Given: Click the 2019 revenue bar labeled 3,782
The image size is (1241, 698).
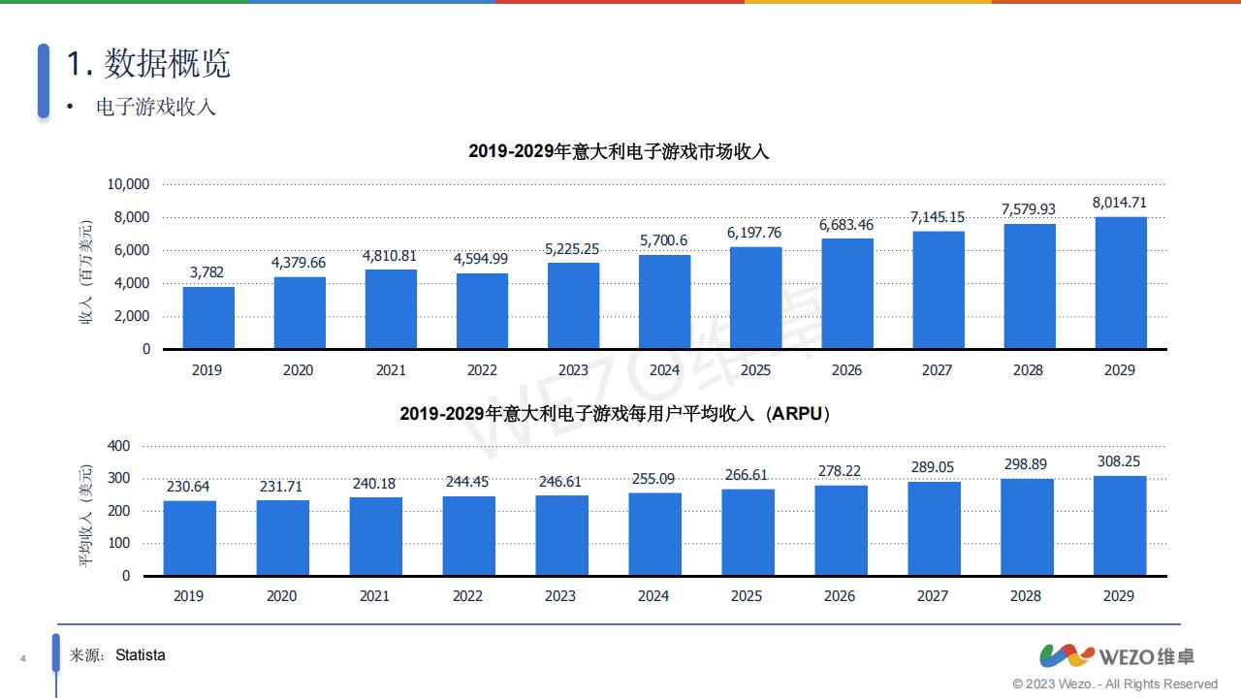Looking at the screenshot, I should click(x=208, y=318).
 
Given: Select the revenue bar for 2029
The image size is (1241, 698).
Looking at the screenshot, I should click(x=1121, y=283).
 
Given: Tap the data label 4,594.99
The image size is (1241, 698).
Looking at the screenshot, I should click(x=482, y=258).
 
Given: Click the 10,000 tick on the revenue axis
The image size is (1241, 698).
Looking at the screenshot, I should click(x=128, y=184).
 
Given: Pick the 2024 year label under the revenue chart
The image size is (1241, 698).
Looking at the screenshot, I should click(x=664, y=370).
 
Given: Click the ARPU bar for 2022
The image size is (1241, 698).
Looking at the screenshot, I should click(x=468, y=536).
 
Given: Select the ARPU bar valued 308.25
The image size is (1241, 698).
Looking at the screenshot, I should click(x=1119, y=525).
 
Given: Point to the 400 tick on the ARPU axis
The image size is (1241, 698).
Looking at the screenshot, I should click(x=118, y=446).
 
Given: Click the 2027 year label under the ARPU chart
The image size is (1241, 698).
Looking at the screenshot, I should click(x=932, y=596).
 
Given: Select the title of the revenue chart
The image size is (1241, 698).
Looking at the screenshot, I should click(x=619, y=151).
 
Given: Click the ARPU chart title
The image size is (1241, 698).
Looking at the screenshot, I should click(x=616, y=414).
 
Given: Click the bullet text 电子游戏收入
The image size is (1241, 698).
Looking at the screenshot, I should click(x=155, y=107).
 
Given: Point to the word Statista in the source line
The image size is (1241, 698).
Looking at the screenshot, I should click(x=141, y=655).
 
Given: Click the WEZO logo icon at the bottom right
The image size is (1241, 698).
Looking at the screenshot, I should click(x=1066, y=656).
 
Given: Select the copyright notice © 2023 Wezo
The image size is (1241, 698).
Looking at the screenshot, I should click(x=1115, y=684).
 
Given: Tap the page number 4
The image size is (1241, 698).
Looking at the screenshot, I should click(x=22, y=660).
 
